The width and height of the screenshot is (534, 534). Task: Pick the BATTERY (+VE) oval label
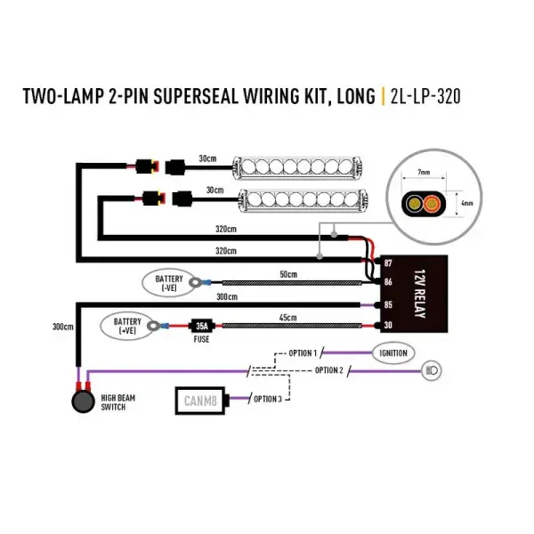[x=128, y=326]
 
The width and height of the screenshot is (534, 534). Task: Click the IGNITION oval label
[x=393, y=353]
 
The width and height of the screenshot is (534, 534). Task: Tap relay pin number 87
[x=387, y=263]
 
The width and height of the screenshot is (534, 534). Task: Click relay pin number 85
[x=387, y=304]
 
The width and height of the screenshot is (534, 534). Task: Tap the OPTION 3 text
[x=268, y=399]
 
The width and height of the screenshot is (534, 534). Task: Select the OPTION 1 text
[x=302, y=353]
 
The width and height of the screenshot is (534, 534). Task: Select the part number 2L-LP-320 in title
[x=425, y=96]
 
